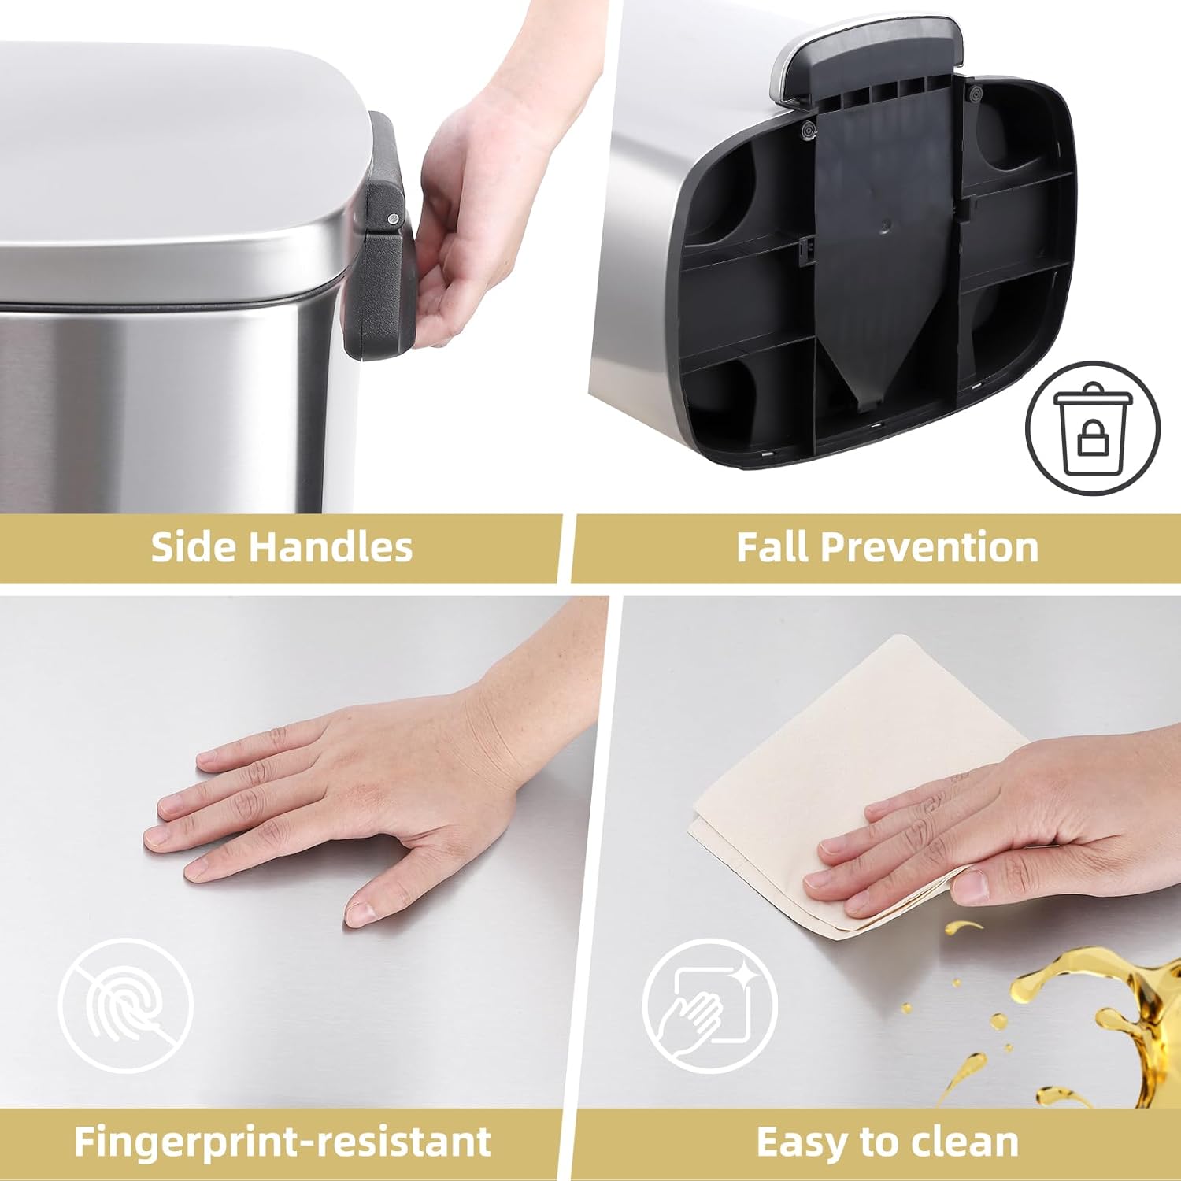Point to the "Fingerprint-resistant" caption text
click(282, 1142)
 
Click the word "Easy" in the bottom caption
click(801, 1142)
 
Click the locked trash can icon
click(1092, 428)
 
